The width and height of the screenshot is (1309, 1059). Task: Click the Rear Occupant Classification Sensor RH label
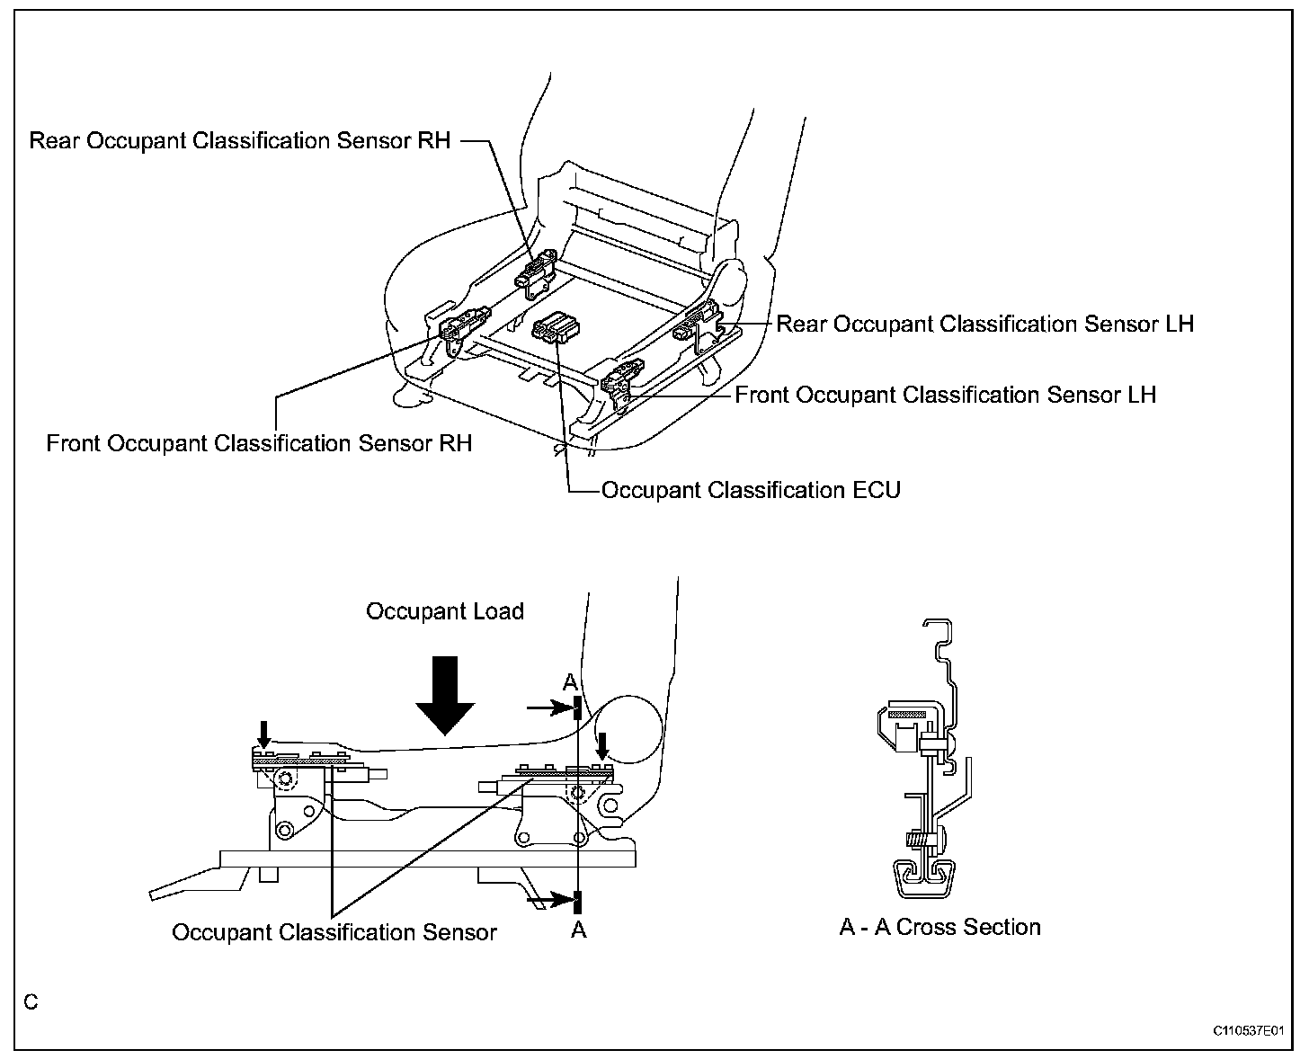(x=239, y=141)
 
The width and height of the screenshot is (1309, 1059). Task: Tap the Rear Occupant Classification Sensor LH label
(x=984, y=324)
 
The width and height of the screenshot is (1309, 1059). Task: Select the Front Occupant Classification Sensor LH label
(x=945, y=395)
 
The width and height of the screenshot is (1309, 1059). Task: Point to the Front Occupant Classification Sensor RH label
(x=259, y=443)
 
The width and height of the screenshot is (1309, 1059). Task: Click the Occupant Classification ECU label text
(x=751, y=490)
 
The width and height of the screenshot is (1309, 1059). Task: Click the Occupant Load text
(x=444, y=611)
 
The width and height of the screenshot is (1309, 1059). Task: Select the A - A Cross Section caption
(x=939, y=927)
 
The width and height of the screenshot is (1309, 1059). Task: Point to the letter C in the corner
(x=31, y=1001)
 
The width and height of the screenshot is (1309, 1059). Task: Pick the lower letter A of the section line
(x=578, y=930)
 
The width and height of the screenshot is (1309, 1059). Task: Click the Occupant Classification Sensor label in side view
(x=334, y=932)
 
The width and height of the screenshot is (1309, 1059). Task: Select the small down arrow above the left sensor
(x=263, y=734)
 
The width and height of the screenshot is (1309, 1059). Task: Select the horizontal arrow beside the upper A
(x=550, y=708)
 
